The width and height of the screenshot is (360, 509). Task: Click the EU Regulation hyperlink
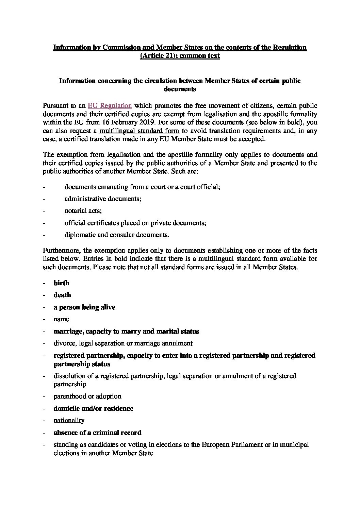click(110, 106)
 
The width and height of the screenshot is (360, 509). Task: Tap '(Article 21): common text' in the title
click(180, 56)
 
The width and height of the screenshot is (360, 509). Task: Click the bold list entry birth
click(61, 283)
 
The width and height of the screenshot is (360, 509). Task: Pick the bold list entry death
click(62, 295)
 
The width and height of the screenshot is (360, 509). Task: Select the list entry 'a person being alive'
click(84, 307)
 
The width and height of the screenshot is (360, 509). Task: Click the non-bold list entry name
click(61, 319)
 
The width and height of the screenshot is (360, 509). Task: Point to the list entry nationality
click(68, 421)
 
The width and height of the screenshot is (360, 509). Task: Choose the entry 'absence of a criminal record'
click(97, 432)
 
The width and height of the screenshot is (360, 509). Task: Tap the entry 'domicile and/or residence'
click(93, 408)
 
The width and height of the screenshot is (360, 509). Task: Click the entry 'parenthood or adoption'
click(87, 396)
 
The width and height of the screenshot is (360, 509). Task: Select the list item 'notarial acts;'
click(83, 211)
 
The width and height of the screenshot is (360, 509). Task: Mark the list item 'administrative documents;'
click(103, 199)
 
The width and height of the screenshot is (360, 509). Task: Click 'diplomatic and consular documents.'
click(116, 235)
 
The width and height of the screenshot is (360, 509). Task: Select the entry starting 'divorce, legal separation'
click(123, 343)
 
